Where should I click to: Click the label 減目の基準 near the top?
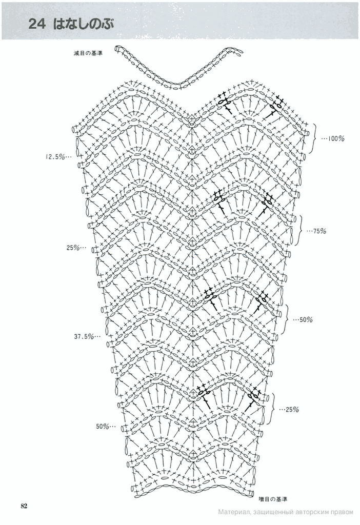(88, 52)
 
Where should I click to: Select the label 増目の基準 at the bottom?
(273, 498)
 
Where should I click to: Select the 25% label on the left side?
(75, 248)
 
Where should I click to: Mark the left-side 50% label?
(104, 426)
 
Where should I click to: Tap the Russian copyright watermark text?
(285, 512)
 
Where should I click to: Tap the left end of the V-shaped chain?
(117, 49)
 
